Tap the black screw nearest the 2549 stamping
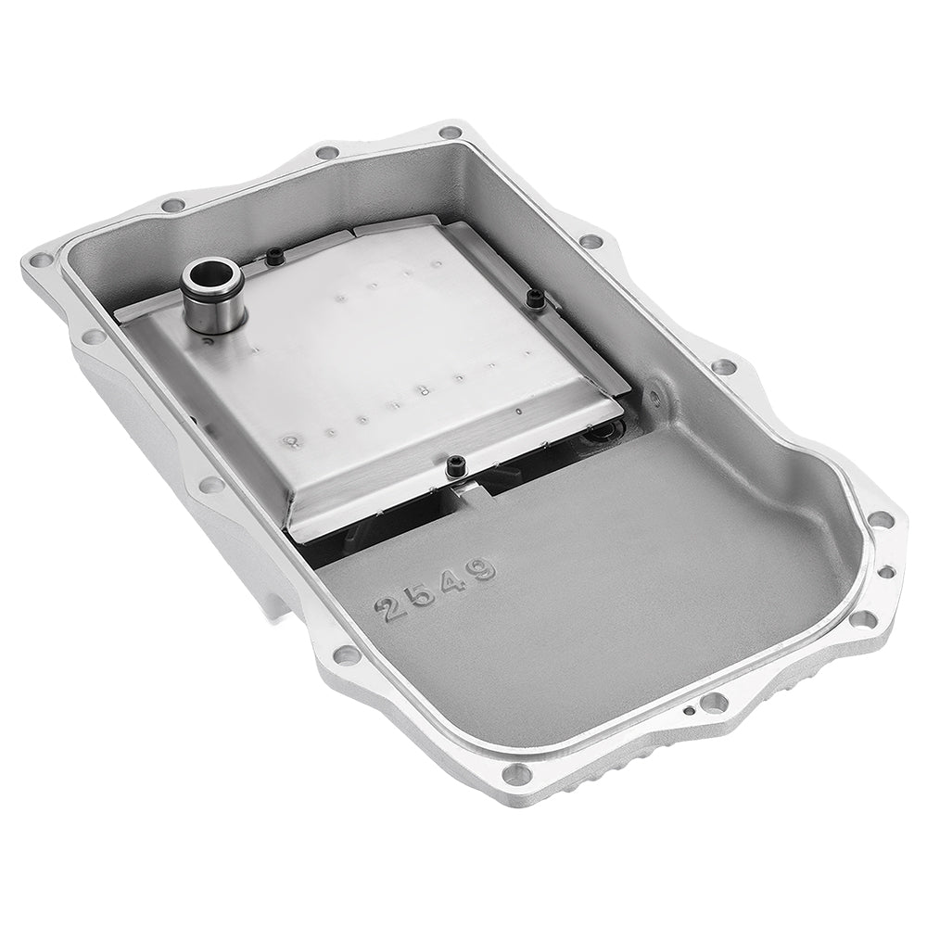click(x=455, y=466)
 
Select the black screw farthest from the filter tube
click(x=535, y=298)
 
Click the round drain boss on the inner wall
click(x=655, y=398)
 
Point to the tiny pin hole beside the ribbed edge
click(x=689, y=712)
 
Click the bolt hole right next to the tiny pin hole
click(x=714, y=703)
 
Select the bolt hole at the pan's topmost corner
click(x=451, y=133)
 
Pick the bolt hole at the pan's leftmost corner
click(x=40, y=260)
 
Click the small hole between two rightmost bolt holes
click(x=885, y=572)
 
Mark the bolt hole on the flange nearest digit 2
click(x=348, y=654)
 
